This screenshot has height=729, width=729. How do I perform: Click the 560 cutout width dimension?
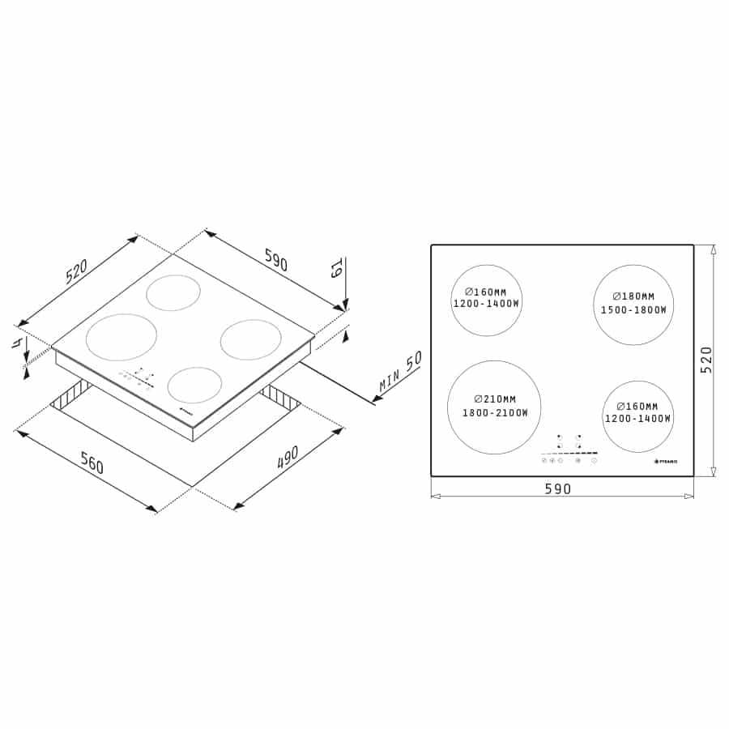click(x=92, y=465)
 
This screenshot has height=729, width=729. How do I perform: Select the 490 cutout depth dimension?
click(x=288, y=458)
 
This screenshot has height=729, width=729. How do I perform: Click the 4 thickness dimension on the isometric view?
click(x=16, y=343)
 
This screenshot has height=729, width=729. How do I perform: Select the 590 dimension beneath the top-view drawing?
click(x=557, y=488)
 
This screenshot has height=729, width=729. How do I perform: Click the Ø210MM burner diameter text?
click(x=495, y=399)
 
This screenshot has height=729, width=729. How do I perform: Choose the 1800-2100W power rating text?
click(x=495, y=413)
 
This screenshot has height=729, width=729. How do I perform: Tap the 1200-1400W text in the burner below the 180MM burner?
click(x=638, y=418)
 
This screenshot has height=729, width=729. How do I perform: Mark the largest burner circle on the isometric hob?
click(x=122, y=337)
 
